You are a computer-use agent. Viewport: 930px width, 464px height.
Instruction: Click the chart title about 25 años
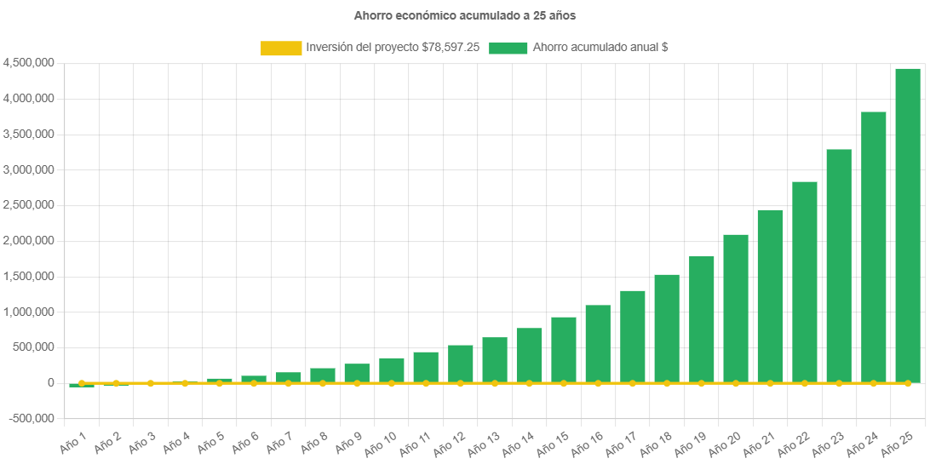click(464, 15)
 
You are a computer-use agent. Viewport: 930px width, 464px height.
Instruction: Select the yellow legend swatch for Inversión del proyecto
click(281, 49)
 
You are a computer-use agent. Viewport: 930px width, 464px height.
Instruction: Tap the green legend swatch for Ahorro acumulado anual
click(508, 49)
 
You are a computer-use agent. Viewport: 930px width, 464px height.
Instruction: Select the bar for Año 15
click(564, 350)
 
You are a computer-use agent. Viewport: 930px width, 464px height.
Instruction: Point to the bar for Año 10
click(392, 370)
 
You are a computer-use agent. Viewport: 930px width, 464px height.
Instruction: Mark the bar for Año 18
click(667, 329)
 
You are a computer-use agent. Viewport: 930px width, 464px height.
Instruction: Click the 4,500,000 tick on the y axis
click(30, 63)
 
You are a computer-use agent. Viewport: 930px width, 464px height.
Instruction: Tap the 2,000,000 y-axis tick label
click(30, 241)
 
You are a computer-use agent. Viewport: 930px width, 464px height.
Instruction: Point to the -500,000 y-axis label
click(32, 419)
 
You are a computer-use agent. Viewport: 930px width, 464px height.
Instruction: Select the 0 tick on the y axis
click(51, 383)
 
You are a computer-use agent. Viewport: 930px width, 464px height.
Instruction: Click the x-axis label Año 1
click(73, 442)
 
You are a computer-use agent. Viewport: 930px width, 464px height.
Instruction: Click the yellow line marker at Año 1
click(82, 383)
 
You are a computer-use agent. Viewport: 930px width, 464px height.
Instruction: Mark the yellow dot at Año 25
click(908, 383)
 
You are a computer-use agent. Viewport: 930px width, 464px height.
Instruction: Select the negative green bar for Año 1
click(82, 387)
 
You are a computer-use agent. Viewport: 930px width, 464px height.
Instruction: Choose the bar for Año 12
click(461, 364)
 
